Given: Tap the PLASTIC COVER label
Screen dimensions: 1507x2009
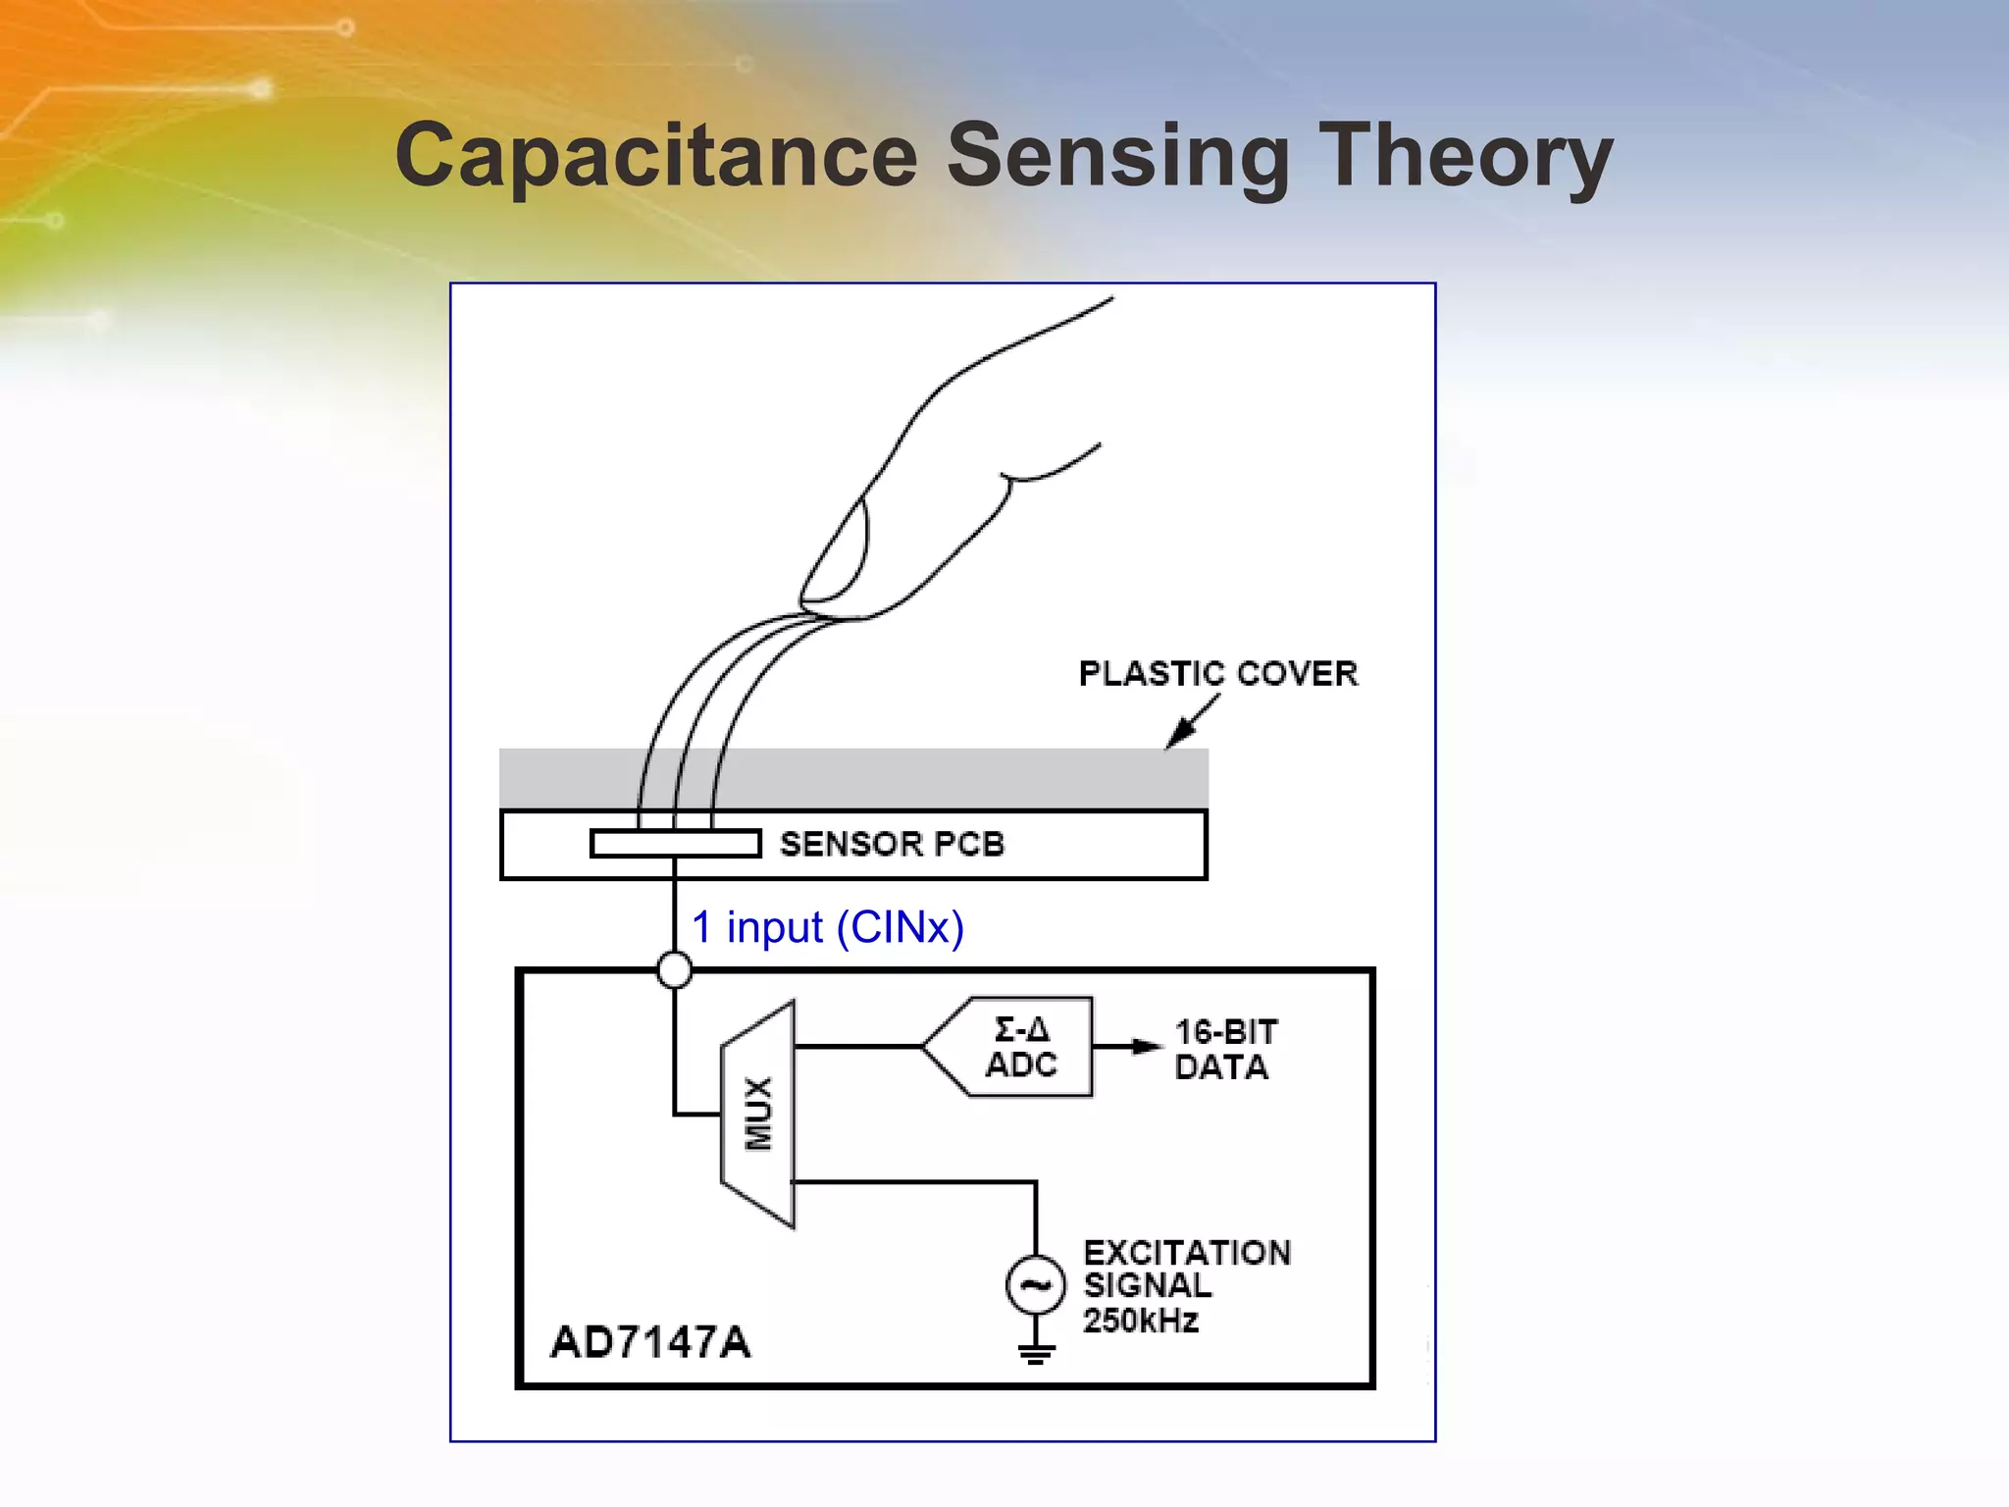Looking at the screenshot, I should [x=1217, y=674].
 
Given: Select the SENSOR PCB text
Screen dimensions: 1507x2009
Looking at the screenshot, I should [x=891, y=844].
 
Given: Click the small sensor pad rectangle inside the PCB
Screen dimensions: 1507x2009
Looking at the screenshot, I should [x=675, y=844].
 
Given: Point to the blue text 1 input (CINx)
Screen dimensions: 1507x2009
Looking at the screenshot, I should [x=827, y=927].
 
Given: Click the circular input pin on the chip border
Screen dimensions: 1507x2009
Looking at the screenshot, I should [x=674, y=970].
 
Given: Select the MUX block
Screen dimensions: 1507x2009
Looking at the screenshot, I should [x=758, y=1114].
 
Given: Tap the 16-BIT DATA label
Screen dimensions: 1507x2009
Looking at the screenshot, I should [x=1224, y=1049].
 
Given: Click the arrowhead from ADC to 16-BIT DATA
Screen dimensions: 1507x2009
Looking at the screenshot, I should [x=1145, y=1047].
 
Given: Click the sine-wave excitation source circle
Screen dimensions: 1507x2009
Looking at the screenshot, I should [x=1035, y=1284].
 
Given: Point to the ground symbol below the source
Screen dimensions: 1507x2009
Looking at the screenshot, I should [x=1036, y=1354].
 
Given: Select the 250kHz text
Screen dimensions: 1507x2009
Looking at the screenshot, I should [x=1140, y=1321].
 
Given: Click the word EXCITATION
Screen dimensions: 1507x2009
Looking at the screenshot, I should [x=1186, y=1253].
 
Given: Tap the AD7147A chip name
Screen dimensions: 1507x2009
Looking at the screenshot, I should [x=649, y=1342].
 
